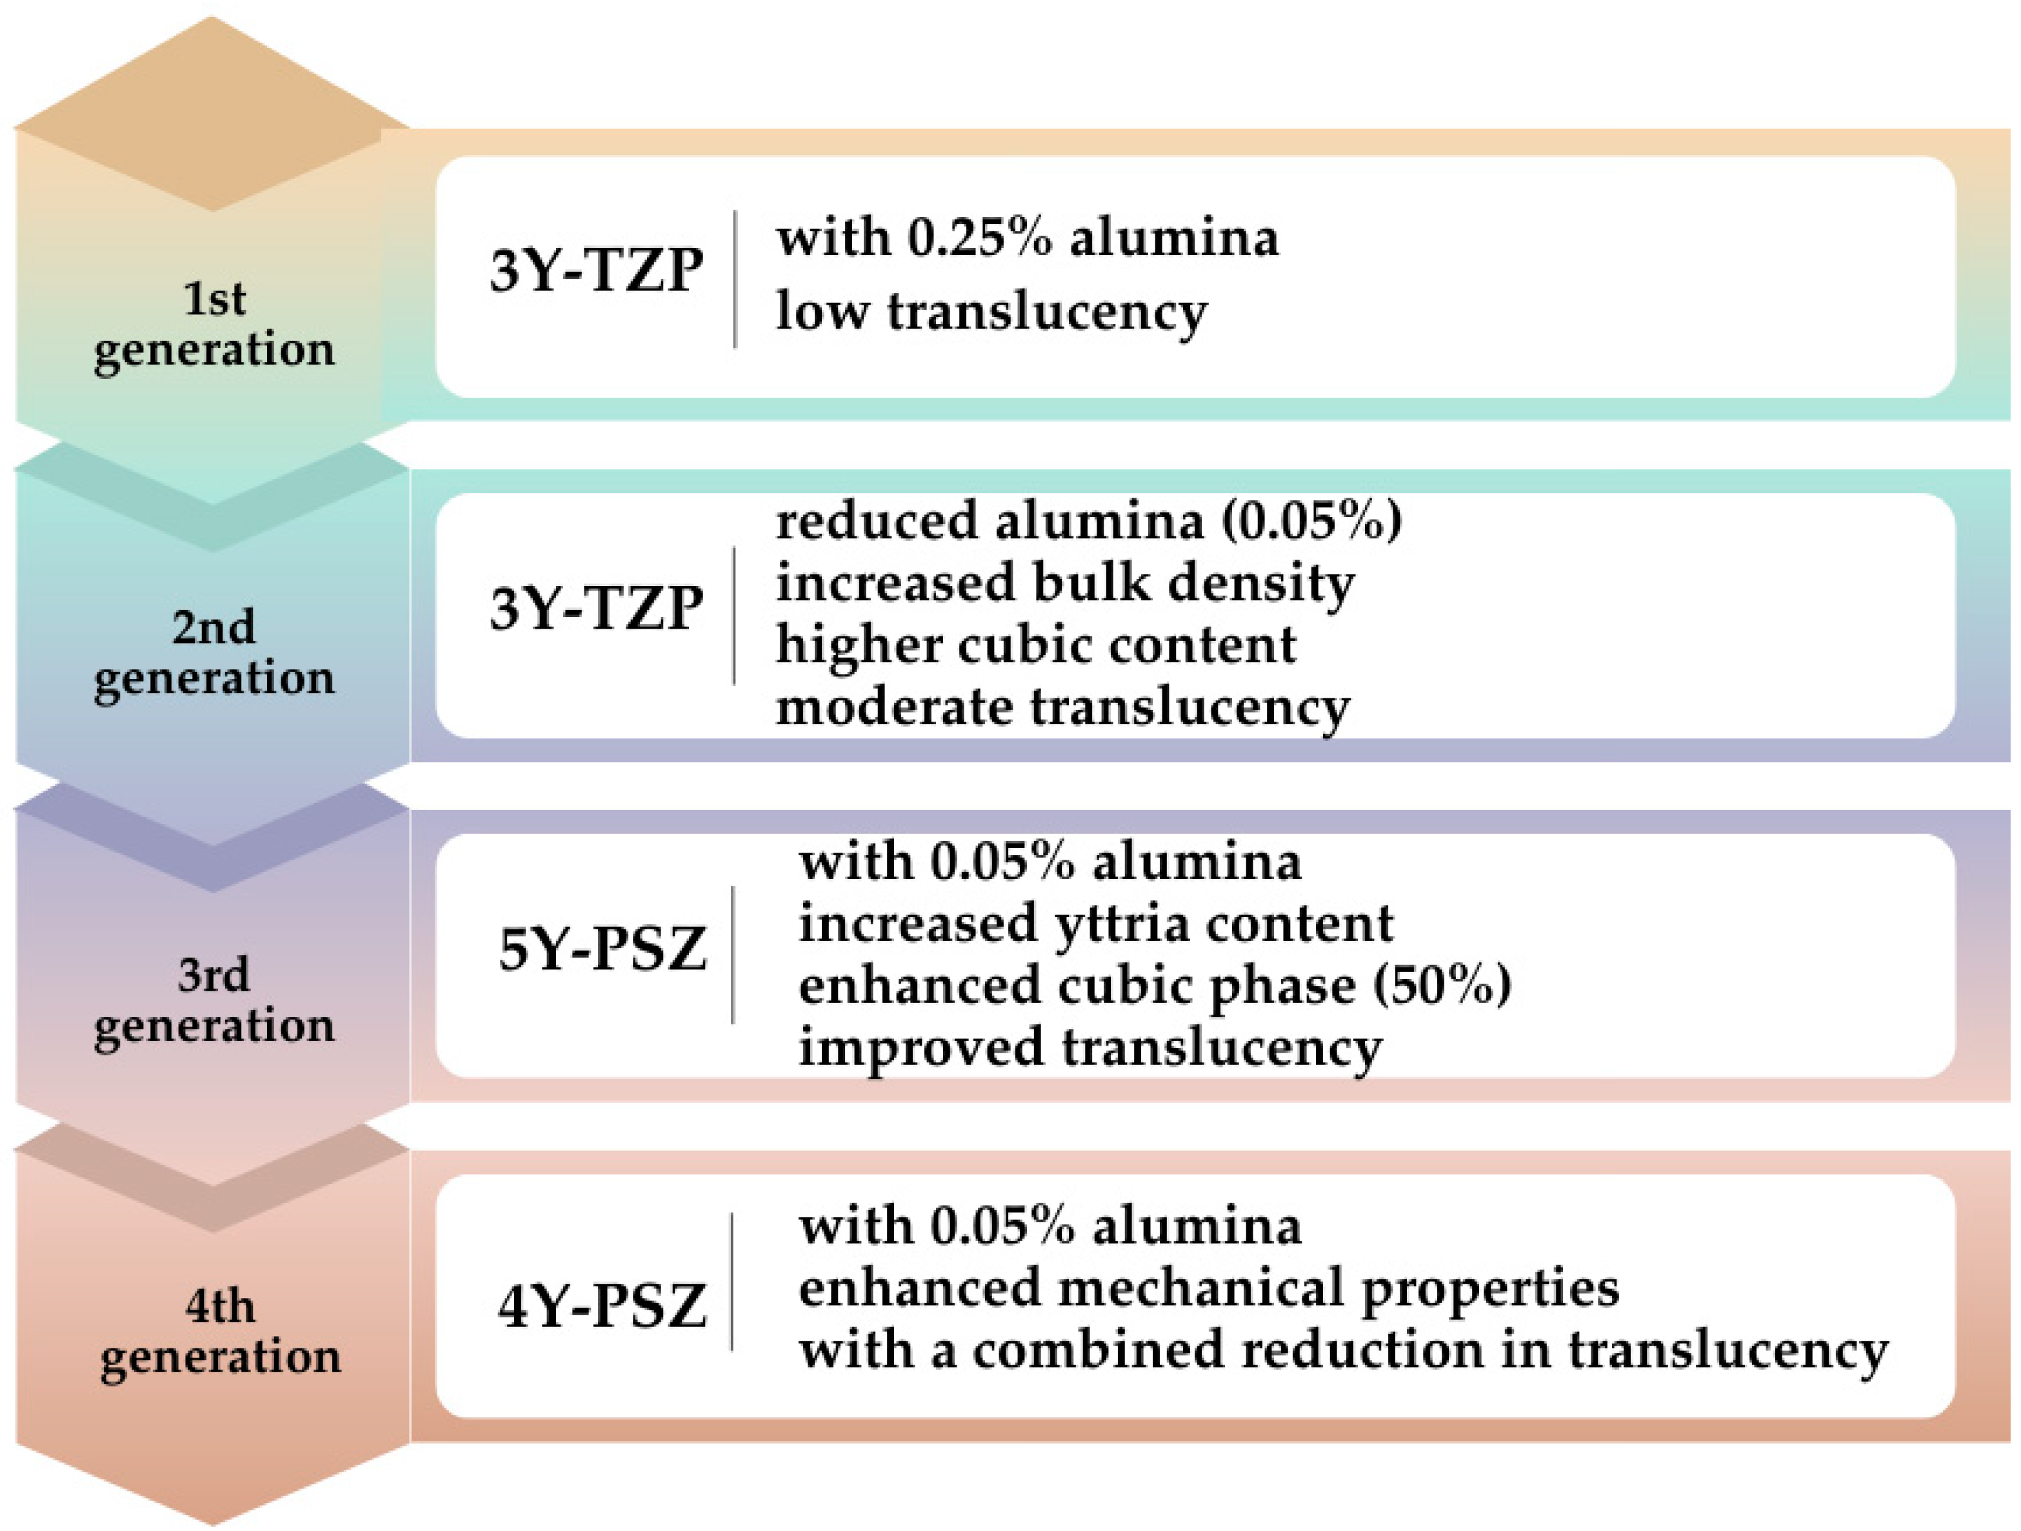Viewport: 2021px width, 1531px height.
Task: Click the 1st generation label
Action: point(214,325)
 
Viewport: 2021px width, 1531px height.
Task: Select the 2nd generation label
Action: point(214,653)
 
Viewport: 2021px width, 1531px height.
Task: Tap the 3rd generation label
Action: point(214,1000)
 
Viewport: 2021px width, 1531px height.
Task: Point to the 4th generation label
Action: point(220,1332)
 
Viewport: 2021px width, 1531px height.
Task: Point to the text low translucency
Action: point(991,312)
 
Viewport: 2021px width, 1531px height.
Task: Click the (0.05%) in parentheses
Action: point(1311,521)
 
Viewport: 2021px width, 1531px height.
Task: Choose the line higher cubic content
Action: point(1035,645)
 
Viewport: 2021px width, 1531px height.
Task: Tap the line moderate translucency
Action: point(1062,707)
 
